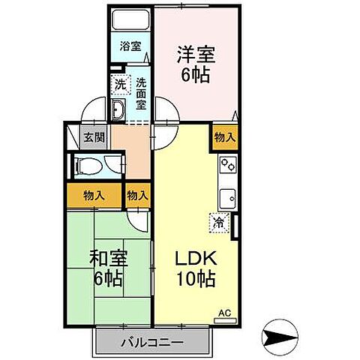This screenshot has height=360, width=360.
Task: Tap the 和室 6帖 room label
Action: click(x=109, y=267)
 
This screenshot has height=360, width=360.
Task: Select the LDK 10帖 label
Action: click(x=196, y=267)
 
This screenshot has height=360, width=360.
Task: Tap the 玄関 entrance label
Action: click(x=94, y=137)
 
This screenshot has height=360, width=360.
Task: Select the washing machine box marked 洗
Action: click(x=120, y=85)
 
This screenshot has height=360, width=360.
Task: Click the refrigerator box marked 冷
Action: click(x=218, y=222)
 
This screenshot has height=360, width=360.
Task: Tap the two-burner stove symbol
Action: click(x=227, y=163)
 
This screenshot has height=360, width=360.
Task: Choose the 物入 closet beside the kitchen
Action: click(x=226, y=137)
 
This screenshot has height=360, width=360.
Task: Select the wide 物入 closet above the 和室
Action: click(x=94, y=195)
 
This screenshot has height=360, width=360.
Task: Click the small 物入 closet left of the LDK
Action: click(x=137, y=195)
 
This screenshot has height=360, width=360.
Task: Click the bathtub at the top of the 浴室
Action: click(x=130, y=20)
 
